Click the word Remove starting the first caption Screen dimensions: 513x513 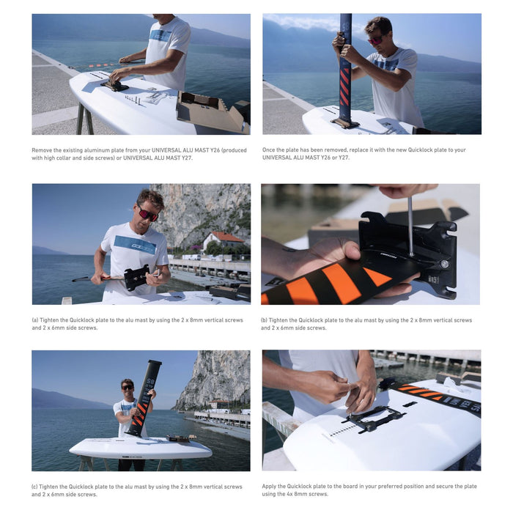coord(42,150)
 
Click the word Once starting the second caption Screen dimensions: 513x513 coord(270,150)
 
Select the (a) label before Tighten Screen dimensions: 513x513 coord(36,320)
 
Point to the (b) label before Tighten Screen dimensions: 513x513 coord(265,320)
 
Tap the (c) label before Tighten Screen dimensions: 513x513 coord(36,487)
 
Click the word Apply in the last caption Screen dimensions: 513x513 coord(270,486)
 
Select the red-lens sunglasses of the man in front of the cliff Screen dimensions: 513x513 coord(148,215)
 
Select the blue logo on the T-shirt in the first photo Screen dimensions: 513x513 coord(160,35)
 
